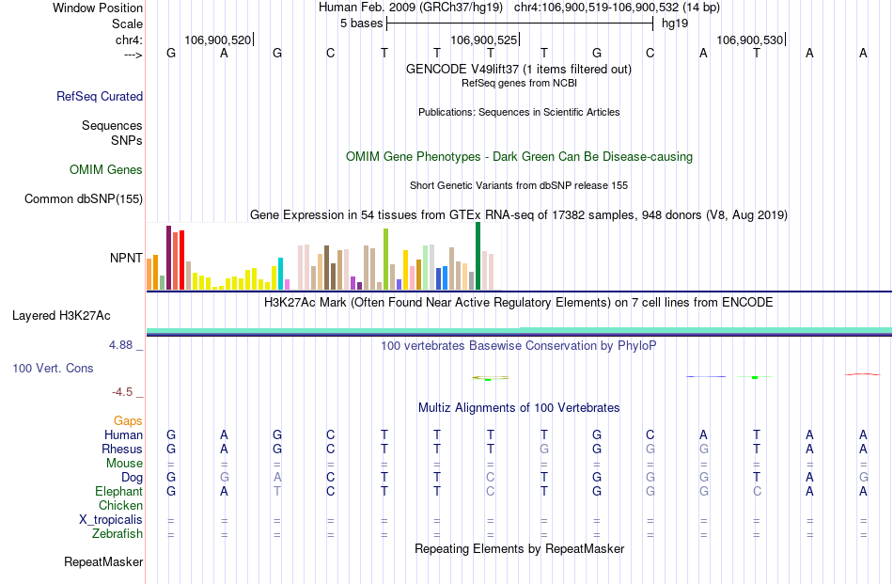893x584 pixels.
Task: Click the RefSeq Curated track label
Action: click(x=100, y=96)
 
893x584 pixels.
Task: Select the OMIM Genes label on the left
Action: click(x=106, y=170)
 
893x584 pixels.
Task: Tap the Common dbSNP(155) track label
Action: click(x=84, y=198)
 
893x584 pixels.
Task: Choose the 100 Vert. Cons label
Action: click(x=53, y=368)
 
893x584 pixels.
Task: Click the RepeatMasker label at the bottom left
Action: click(x=103, y=562)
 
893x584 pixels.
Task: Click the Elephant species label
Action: click(x=118, y=491)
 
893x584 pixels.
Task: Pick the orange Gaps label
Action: click(x=128, y=420)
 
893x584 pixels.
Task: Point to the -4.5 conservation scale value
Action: click(x=123, y=392)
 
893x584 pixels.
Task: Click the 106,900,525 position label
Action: click(x=483, y=39)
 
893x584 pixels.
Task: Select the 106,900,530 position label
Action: click(x=748, y=39)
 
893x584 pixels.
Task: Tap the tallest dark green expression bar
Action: click(x=478, y=256)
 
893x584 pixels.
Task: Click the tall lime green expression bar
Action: click(x=385, y=259)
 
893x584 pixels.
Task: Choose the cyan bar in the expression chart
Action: click(x=280, y=273)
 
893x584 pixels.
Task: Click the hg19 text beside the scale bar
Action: click(x=674, y=22)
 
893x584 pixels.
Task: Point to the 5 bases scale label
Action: click(x=361, y=22)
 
